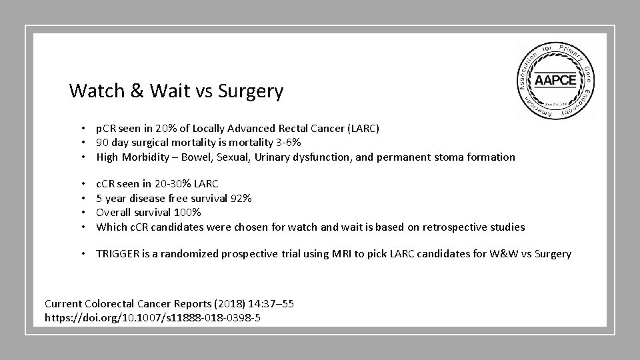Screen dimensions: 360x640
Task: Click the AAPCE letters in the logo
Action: pos(556,81)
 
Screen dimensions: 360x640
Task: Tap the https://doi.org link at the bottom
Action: pos(153,318)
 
